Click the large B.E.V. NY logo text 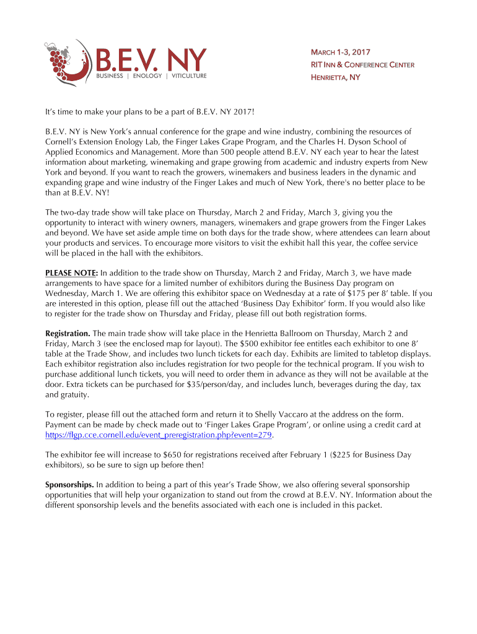[x=150, y=59]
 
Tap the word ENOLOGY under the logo [x=147, y=76]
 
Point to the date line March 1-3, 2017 [x=340, y=52]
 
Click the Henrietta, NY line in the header [x=335, y=77]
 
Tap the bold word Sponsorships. [x=69, y=484]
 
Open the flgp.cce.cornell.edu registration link [x=159, y=435]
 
